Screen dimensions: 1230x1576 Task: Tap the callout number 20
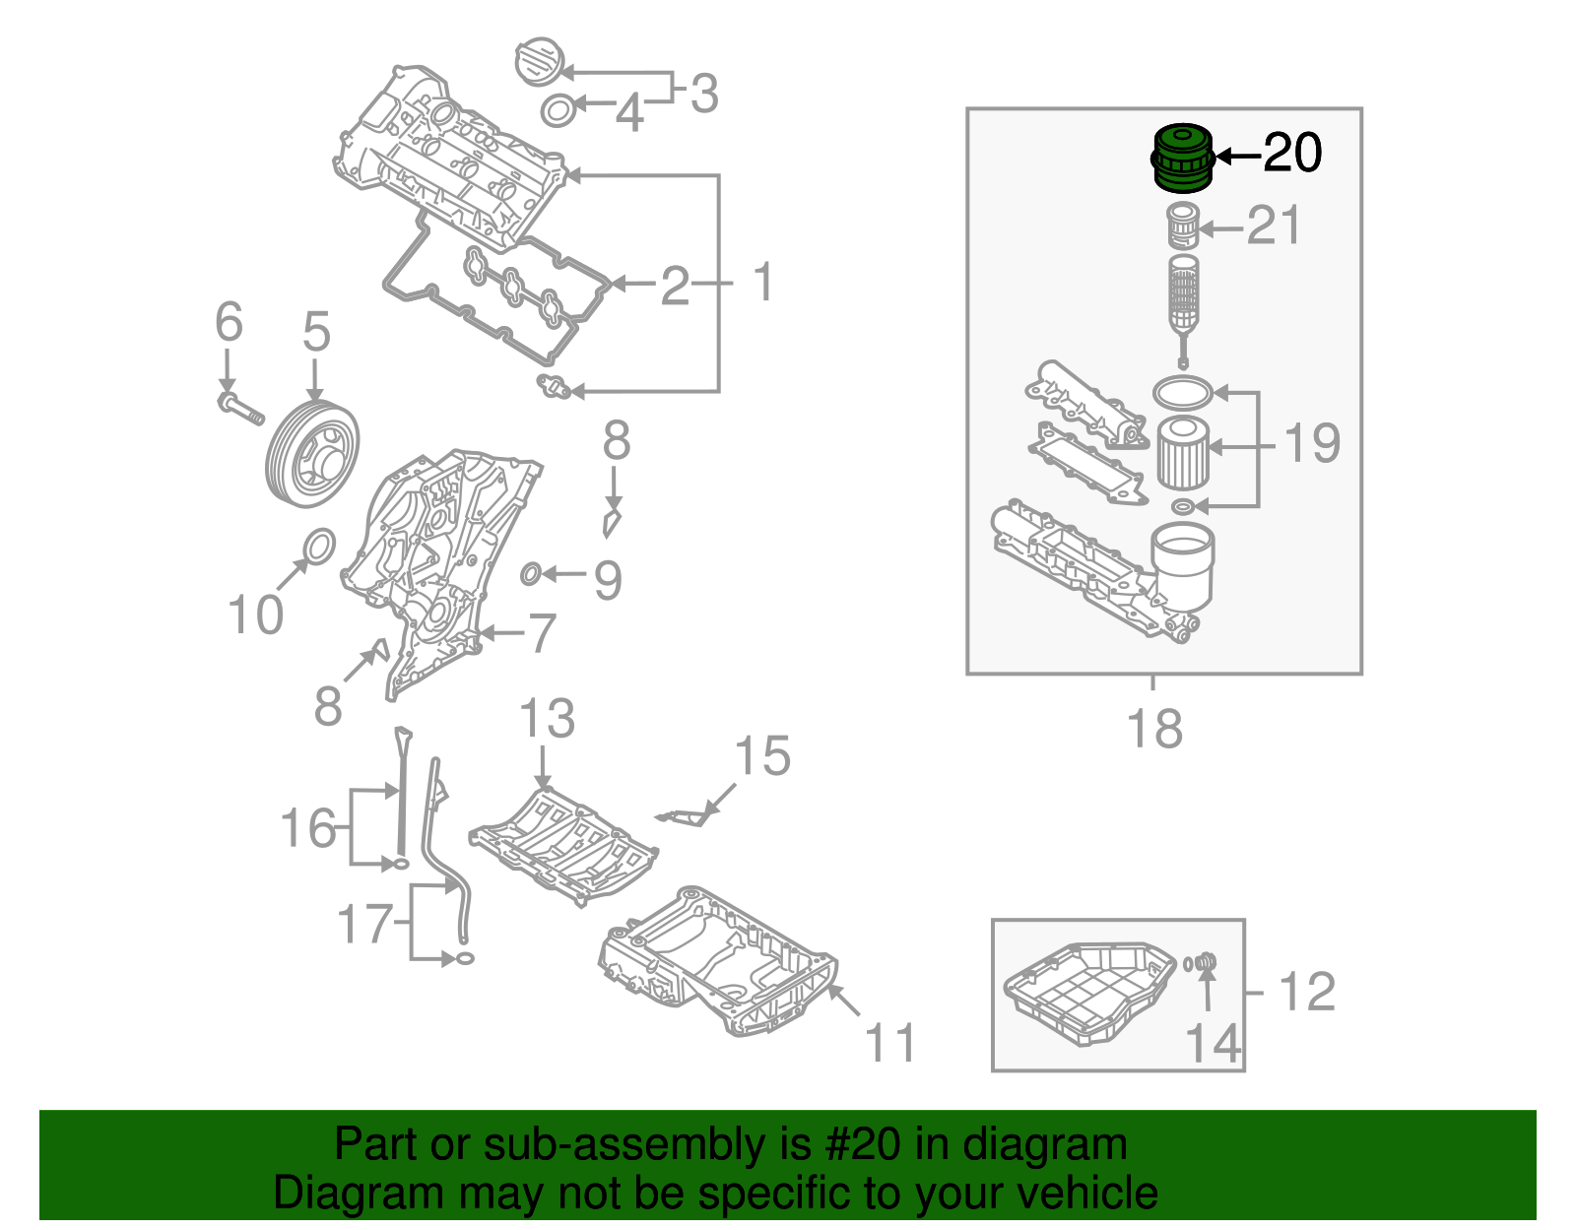click(1292, 154)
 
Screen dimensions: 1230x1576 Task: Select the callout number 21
click(1274, 227)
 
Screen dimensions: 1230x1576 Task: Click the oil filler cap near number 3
click(538, 63)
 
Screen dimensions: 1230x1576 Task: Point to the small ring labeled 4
click(558, 110)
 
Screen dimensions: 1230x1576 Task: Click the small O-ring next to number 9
click(530, 573)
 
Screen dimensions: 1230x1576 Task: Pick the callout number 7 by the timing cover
click(543, 633)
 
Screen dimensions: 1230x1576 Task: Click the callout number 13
click(547, 719)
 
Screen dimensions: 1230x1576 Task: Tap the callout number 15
click(762, 757)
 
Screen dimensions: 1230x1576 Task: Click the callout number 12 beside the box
click(1307, 992)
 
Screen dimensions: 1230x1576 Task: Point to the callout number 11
click(890, 1043)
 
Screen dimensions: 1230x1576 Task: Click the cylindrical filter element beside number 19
click(1181, 453)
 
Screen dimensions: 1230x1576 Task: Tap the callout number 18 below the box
click(1153, 730)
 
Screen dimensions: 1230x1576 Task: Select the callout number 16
click(309, 828)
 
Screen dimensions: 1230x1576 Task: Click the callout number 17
click(365, 925)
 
